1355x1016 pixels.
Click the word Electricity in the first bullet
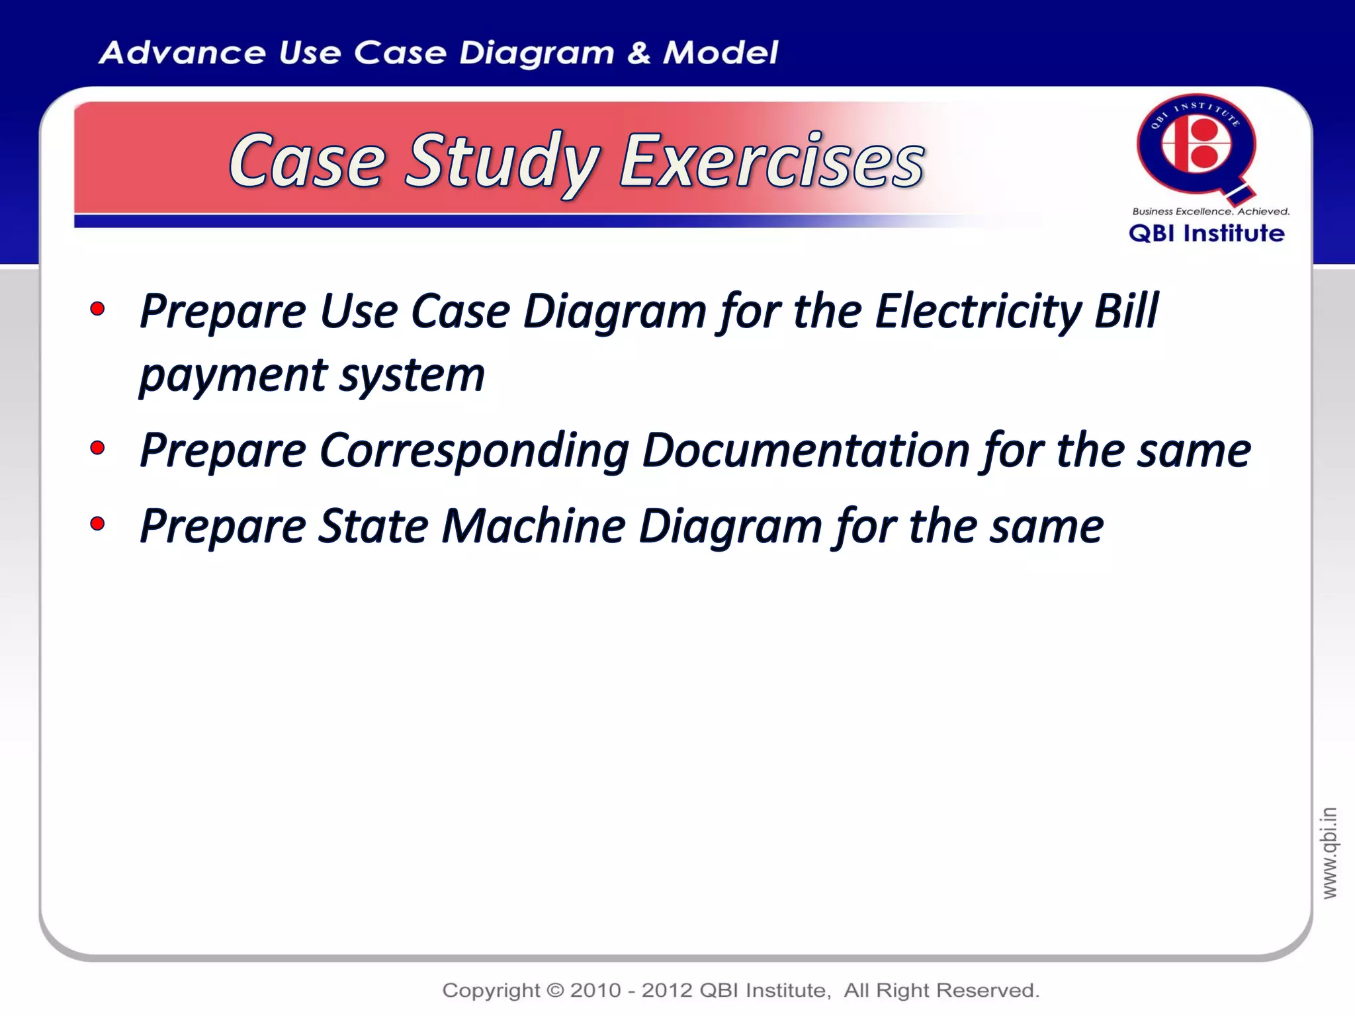(x=977, y=310)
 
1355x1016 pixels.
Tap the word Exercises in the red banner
(x=771, y=161)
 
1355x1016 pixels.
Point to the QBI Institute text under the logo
(x=1206, y=233)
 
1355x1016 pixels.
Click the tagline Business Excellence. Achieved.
(x=1211, y=212)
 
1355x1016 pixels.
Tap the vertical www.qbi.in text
(x=1329, y=853)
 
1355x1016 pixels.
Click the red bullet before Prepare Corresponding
(x=97, y=448)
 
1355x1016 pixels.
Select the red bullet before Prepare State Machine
(x=97, y=524)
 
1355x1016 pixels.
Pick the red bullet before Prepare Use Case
(x=97, y=308)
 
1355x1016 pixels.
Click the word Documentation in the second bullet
(x=806, y=450)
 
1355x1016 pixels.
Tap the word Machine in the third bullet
(x=533, y=526)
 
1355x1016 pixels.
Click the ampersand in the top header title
(x=638, y=53)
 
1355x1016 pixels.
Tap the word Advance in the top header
(x=181, y=53)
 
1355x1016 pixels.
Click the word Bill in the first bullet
(x=1125, y=310)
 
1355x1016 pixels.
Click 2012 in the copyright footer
(x=668, y=990)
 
